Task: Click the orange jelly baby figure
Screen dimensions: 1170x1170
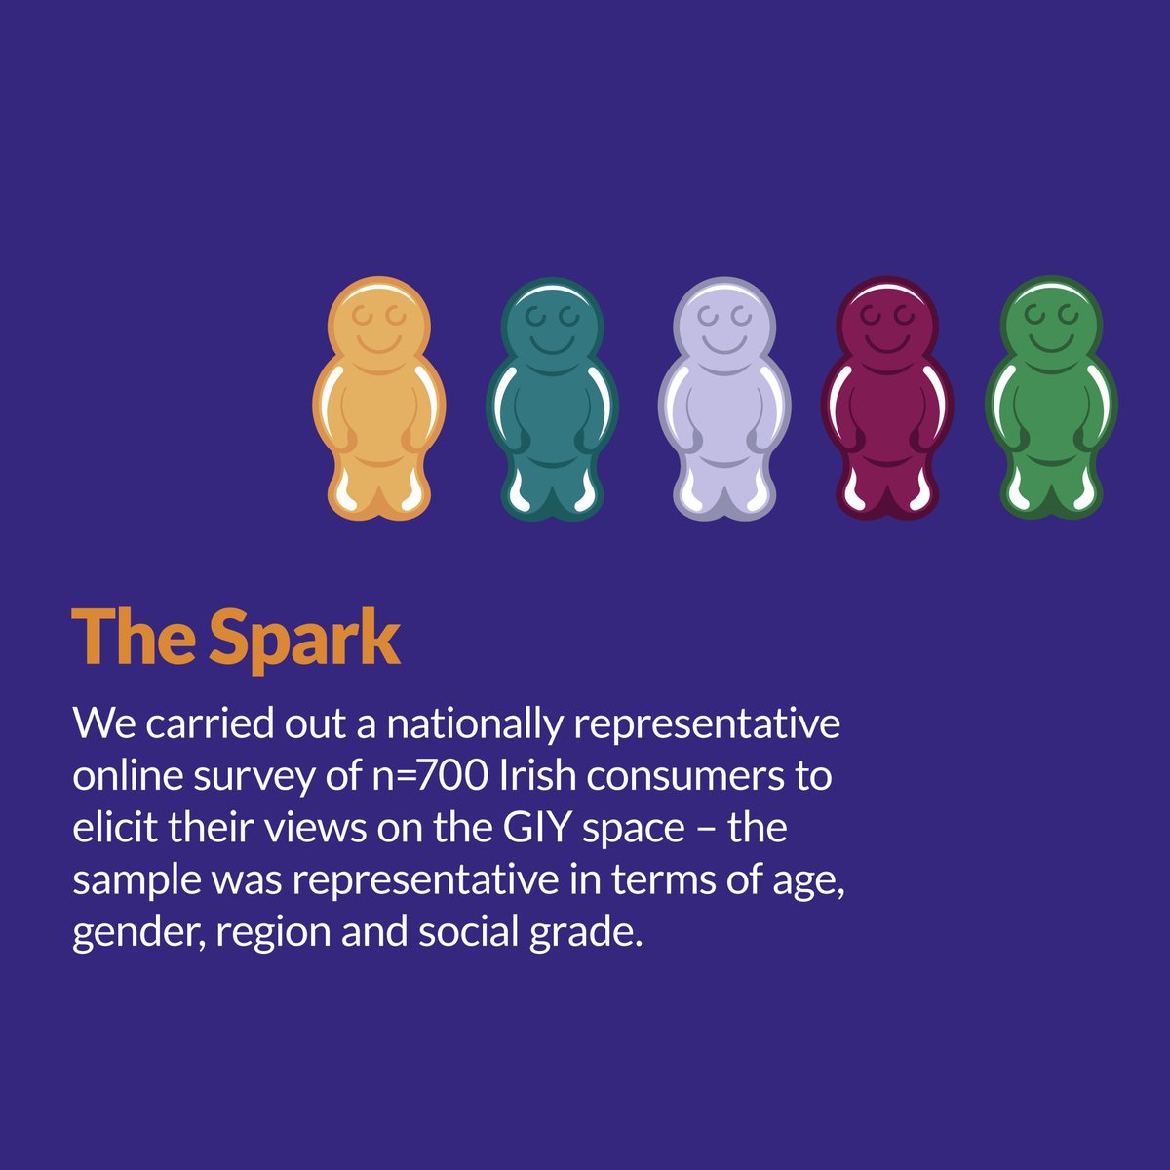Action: pos(378,400)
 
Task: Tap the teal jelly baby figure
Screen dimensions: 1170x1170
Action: pos(552,400)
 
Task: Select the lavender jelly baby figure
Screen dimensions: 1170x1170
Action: pos(724,400)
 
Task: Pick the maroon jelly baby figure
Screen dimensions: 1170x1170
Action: pos(887,400)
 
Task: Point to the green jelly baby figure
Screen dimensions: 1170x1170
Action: pos(1051,400)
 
